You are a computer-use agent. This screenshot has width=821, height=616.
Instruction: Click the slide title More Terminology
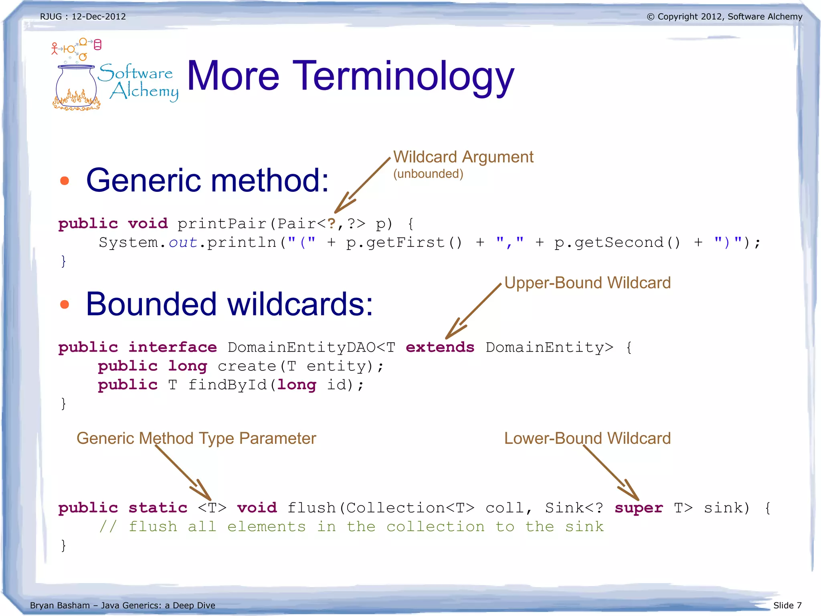(350, 76)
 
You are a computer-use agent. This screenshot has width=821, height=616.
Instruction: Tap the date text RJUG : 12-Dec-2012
(83, 17)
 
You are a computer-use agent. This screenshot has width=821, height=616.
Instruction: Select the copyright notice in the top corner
(724, 17)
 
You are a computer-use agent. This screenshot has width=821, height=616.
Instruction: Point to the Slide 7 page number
(787, 605)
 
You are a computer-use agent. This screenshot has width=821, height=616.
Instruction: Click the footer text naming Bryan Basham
(122, 605)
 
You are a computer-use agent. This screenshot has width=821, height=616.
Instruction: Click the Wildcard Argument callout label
(463, 157)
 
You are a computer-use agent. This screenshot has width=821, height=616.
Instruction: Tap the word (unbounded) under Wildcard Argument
(428, 174)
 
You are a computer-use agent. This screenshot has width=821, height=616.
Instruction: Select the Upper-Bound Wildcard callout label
(587, 283)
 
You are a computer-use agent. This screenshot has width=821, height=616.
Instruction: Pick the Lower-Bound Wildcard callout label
(587, 438)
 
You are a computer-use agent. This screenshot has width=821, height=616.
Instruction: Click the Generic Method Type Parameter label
(196, 438)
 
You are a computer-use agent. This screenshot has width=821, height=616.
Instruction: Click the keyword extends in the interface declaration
(440, 347)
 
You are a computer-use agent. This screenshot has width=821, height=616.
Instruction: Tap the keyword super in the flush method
(639, 508)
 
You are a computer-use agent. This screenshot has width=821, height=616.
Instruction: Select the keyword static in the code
(158, 508)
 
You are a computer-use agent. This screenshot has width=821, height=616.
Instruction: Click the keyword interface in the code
(172, 347)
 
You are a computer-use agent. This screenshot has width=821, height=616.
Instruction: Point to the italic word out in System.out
(183, 243)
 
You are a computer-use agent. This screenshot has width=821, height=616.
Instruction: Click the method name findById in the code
(227, 385)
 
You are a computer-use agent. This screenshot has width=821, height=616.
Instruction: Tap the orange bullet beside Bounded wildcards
(65, 305)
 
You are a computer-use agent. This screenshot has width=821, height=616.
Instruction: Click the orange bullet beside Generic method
(65, 181)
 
